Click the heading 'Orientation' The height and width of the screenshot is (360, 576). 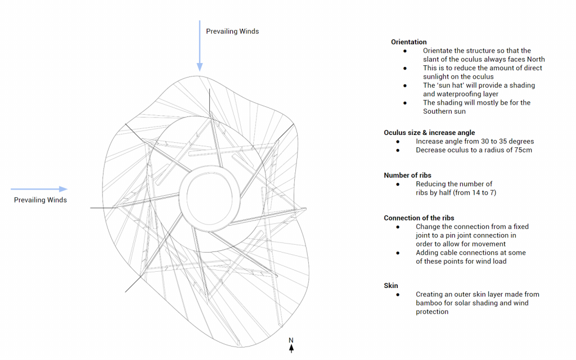pos(408,42)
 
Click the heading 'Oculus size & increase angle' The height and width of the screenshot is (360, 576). pos(429,133)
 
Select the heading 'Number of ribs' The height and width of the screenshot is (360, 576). pos(407,175)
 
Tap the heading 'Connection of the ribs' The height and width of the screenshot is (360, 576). pos(418,218)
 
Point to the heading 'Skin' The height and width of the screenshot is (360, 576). pos(391,286)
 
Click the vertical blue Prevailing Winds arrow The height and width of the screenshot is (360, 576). pos(199,45)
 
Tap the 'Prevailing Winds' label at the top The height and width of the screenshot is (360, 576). pos(232,31)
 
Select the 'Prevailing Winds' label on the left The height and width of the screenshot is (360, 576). pos(40,200)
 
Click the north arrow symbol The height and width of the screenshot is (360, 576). pos(291,349)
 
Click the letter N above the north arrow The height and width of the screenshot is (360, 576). pos(291,340)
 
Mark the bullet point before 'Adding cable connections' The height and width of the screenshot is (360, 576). pos(398,253)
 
